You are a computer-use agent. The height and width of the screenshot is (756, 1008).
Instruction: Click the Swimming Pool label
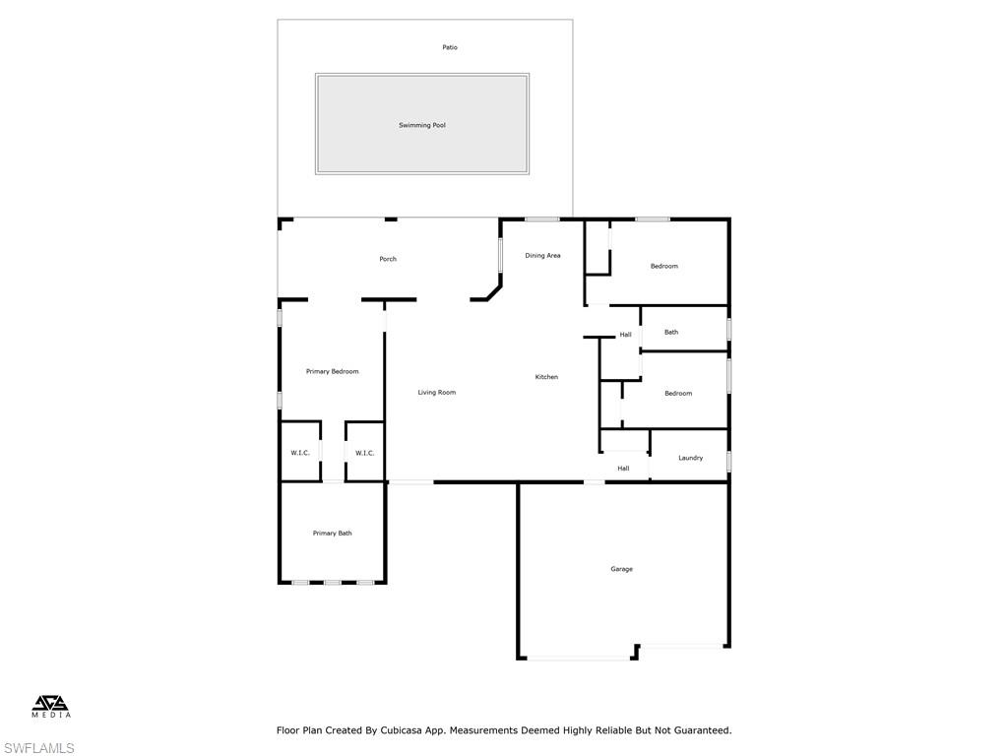pos(421,125)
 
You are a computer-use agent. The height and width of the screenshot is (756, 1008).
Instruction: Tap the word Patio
pos(450,47)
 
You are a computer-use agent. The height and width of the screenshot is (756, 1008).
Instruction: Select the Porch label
pos(388,259)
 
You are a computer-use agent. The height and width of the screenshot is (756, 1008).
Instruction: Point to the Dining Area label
pos(542,256)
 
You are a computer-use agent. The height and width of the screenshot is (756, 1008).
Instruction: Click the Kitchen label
pos(546,377)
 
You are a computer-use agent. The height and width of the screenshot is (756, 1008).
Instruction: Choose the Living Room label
pos(436,393)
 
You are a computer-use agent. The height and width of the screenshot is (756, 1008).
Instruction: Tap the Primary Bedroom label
pos(332,371)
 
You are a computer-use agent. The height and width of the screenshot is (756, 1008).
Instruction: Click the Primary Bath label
pos(332,534)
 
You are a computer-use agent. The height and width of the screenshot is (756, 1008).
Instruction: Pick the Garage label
pos(621,569)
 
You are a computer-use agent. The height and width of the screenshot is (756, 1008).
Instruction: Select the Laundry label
pos(690,458)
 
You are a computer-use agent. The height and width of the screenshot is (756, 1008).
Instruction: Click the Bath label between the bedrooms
pos(670,332)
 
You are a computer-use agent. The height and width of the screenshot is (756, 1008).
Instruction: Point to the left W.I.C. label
pos(300,453)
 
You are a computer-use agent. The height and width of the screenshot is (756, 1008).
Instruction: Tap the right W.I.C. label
pos(364,453)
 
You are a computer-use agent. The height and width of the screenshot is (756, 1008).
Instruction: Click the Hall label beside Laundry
pos(623,469)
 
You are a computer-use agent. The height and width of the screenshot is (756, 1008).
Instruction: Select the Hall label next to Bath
pos(625,335)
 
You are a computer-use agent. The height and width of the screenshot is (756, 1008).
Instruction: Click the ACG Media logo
pos(51,706)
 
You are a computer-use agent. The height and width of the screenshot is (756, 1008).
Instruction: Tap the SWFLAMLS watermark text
pos(38,748)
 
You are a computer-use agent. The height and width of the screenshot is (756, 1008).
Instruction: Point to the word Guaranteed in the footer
pos(698,730)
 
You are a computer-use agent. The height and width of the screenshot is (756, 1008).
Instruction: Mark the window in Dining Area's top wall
pos(541,219)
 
